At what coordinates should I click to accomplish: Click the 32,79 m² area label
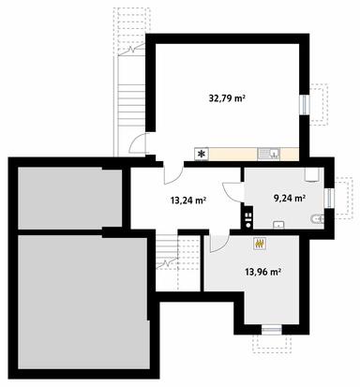click(x=227, y=97)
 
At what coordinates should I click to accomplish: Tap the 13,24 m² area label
click(x=187, y=199)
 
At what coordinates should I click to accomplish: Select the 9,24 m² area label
click(x=287, y=198)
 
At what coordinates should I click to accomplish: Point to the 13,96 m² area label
click(x=263, y=272)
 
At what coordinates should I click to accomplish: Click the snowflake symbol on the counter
click(x=200, y=153)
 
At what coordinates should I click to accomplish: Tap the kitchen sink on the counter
click(x=272, y=153)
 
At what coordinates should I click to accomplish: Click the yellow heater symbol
click(x=262, y=244)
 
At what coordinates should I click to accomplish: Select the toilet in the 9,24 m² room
click(x=317, y=218)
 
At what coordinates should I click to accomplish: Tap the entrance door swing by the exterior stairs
click(x=139, y=144)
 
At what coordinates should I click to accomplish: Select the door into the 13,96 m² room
click(x=217, y=243)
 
